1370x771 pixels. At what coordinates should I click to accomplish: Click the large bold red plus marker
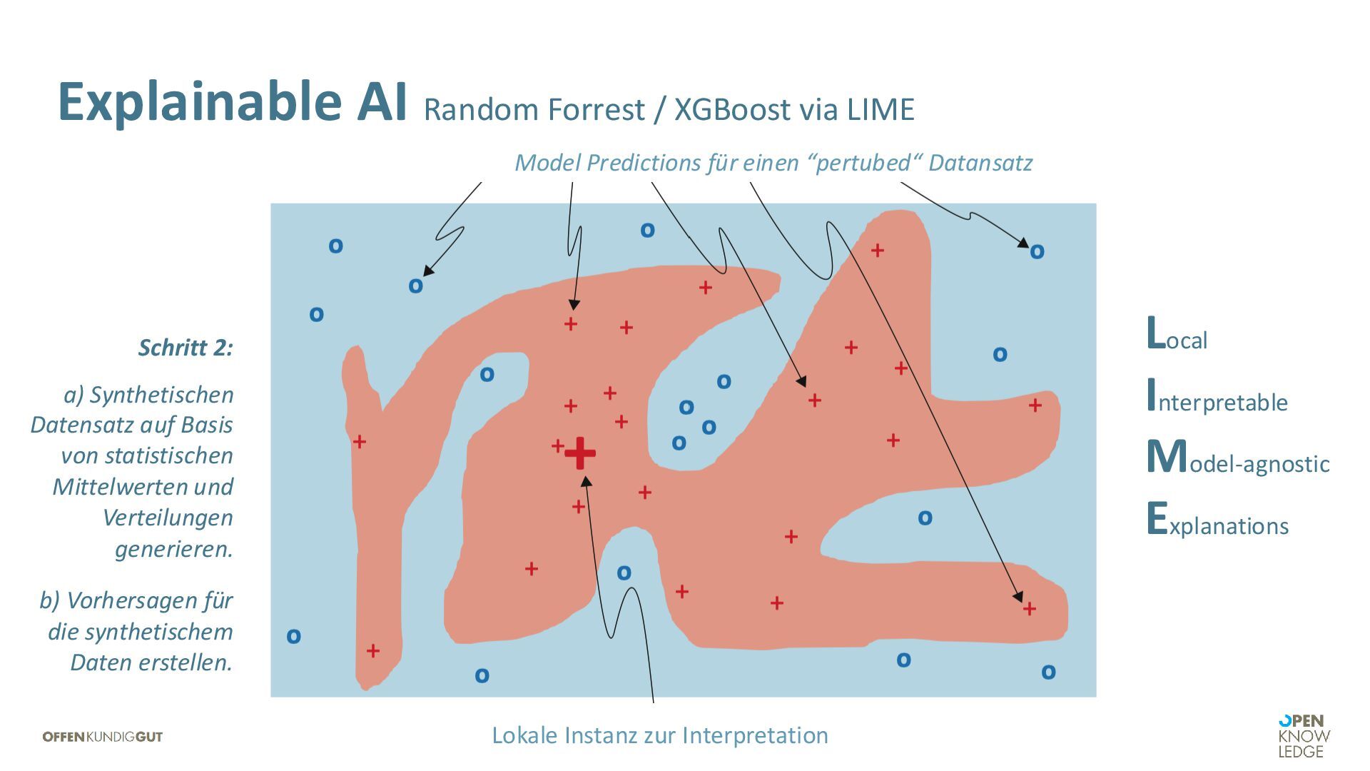pos(580,453)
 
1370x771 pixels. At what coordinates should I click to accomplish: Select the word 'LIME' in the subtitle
pos(881,110)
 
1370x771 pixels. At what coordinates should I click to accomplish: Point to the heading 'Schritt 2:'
pos(186,348)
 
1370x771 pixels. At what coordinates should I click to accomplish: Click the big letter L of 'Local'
pos(1155,333)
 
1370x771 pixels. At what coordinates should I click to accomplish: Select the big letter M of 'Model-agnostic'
pos(1166,457)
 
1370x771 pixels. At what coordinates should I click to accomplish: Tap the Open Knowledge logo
pos(1304,736)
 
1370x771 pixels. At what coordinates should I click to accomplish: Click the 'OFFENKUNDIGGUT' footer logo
pos(103,737)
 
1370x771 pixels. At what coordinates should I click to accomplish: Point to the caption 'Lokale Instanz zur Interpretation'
pos(660,735)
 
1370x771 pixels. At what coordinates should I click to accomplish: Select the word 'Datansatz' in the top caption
pos(980,163)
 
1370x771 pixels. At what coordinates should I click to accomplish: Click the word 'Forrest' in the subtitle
pos(597,110)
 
